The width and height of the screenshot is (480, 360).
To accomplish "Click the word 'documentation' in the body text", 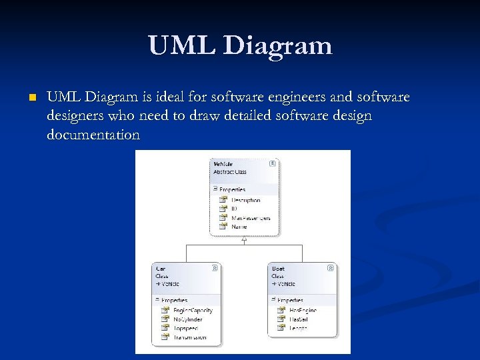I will (x=93, y=135).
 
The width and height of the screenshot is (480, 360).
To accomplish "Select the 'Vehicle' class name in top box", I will (x=223, y=163).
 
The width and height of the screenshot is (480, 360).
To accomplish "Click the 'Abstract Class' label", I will (x=230, y=172).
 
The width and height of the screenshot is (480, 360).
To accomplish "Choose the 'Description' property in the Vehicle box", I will (x=245, y=200).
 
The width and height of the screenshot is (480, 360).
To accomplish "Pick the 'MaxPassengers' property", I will (x=250, y=218).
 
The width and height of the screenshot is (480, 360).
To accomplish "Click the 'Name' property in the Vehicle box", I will (x=239, y=227).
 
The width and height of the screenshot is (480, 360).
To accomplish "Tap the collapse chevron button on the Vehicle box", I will (x=272, y=163).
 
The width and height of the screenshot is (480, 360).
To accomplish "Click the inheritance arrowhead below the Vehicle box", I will (x=245, y=240).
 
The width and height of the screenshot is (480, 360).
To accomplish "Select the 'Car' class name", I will (x=160, y=268).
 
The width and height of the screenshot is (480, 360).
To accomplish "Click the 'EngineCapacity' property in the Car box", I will (x=193, y=311).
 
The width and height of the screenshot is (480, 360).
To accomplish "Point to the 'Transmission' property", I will (x=189, y=337).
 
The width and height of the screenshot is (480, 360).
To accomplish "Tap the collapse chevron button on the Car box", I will (x=215, y=268).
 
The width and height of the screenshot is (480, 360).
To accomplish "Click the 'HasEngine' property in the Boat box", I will (x=303, y=311).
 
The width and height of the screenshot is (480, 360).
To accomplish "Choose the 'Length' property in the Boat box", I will (x=298, y=329).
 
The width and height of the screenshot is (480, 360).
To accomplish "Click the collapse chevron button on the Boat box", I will (x=331, y=268).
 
